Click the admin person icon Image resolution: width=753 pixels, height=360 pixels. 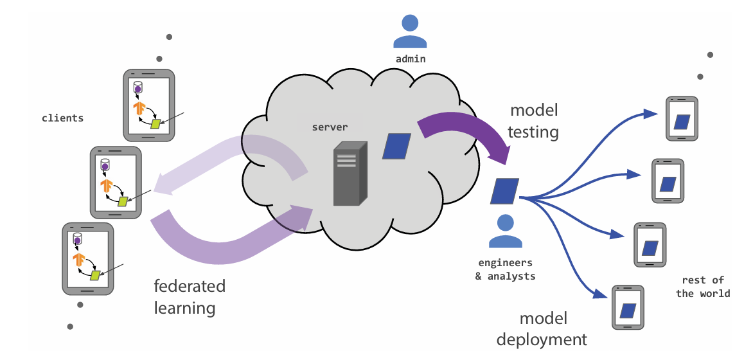click(410, 32)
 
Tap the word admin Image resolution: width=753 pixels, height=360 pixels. click(410, 59)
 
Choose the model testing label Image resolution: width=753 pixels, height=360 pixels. click(533, 121)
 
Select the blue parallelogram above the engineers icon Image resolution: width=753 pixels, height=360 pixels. click(505, 191)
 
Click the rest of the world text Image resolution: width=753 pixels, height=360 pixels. click(703, 287)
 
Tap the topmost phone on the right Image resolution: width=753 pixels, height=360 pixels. click(682, 119)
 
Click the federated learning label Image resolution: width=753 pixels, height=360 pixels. click(190, 296)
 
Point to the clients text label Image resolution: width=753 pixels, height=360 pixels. click(62, 118)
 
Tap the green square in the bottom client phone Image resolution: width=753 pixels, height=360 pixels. click(96, 275)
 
